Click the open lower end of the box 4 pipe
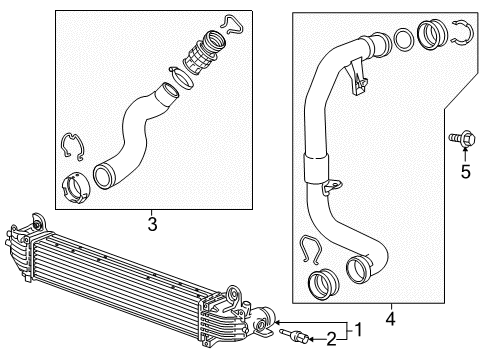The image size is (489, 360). pos(357,270)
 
